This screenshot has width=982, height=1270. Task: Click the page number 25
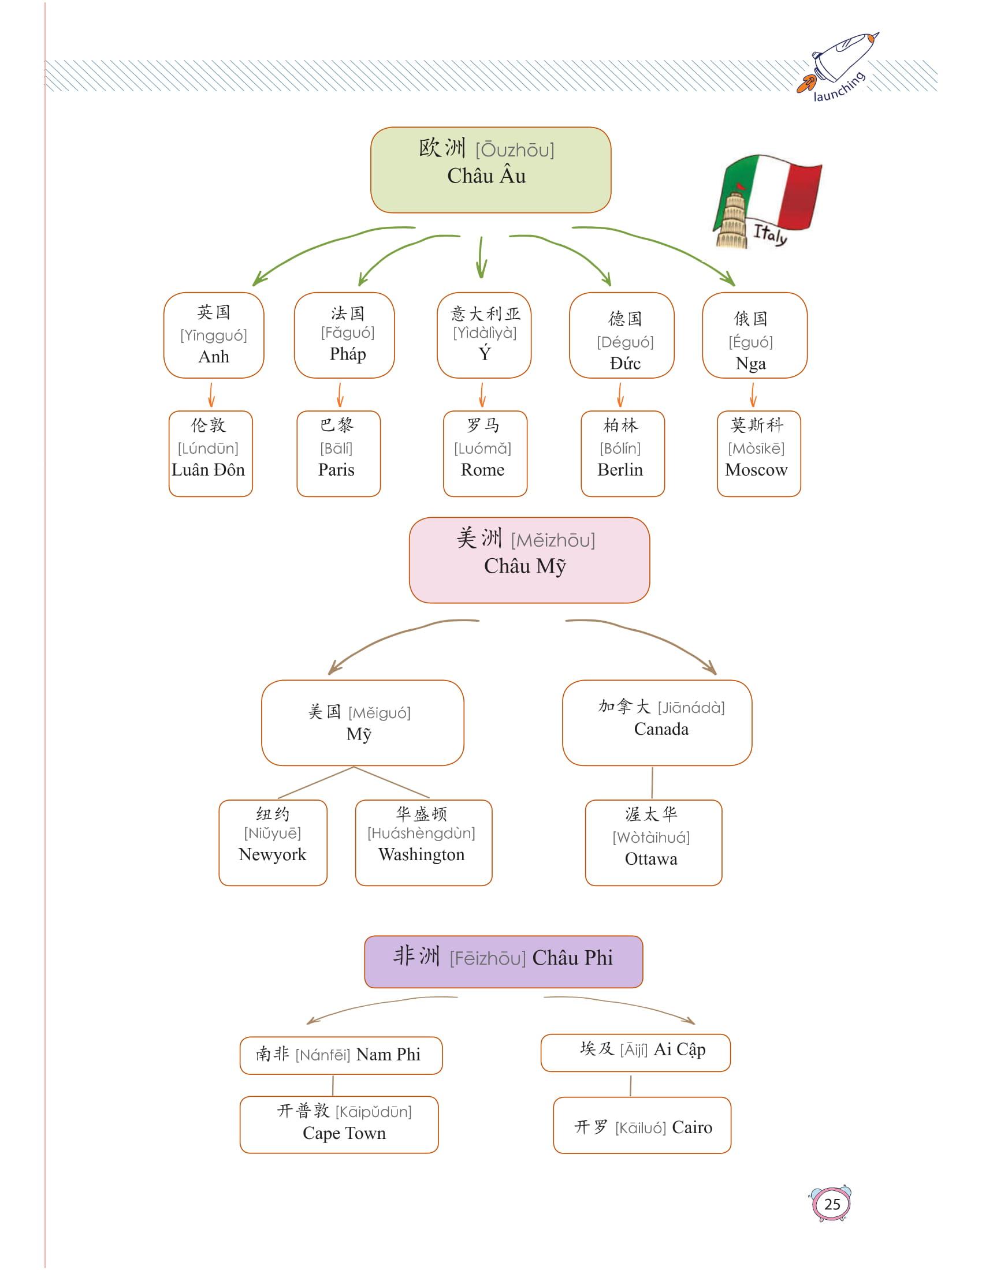coord(832,1204)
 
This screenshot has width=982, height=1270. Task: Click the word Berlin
coord(620,469)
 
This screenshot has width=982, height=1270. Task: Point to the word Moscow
coord(756,469)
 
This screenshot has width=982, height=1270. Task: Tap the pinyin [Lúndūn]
coord(209,449)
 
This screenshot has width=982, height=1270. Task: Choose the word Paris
coord(336,469)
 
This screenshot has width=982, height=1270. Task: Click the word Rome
coord(482,469)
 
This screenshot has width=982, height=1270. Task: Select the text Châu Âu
coord(486,175)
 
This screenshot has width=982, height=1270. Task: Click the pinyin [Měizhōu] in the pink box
coord(553,541)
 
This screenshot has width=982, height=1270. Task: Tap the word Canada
coord(661,729)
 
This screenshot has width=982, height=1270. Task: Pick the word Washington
coord(421,854)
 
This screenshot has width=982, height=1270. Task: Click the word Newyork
coord(272,854)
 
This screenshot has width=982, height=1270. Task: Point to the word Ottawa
coord(651,859)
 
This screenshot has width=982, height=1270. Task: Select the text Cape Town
coord(344,1133)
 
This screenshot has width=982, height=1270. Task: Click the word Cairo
coord(691,1127)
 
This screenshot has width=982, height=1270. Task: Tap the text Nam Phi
coord(388,1054)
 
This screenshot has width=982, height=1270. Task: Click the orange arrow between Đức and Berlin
coord(620,394)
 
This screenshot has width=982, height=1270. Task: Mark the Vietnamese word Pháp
coord(348,353)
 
